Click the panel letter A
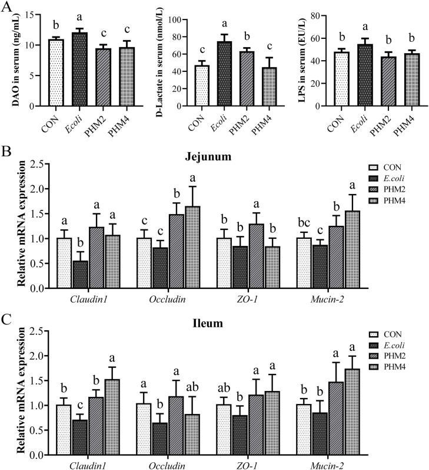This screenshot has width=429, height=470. (8, 6)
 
